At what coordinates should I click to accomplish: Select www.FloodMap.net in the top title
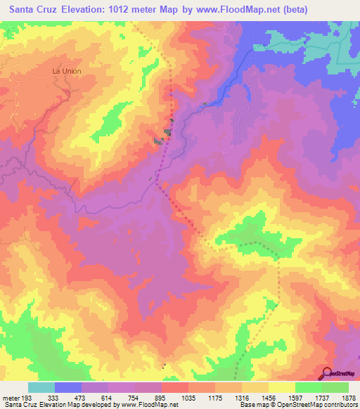click(x=267, y=9)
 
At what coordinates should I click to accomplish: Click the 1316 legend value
click(x=243, y=397)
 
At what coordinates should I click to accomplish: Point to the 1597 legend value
click(x=296, y=397)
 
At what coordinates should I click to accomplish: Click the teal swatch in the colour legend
click(x=41, y=387)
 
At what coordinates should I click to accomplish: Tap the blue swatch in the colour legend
click(x=68, y=387)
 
